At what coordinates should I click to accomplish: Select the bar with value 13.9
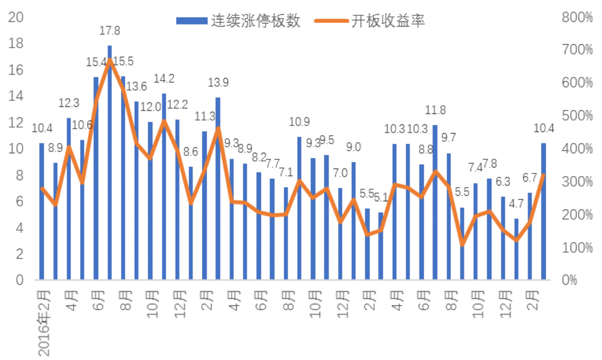[218, 188]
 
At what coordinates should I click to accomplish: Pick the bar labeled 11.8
[435, 202]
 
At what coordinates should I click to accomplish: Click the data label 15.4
[96, 63]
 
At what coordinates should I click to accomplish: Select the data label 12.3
[69, 103]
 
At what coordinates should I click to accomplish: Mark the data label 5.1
[380, 198]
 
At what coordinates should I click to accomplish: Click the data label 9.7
[448, 137]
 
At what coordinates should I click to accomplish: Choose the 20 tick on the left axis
[17, 17]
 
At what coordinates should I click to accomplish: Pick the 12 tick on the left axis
[17, 122]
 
